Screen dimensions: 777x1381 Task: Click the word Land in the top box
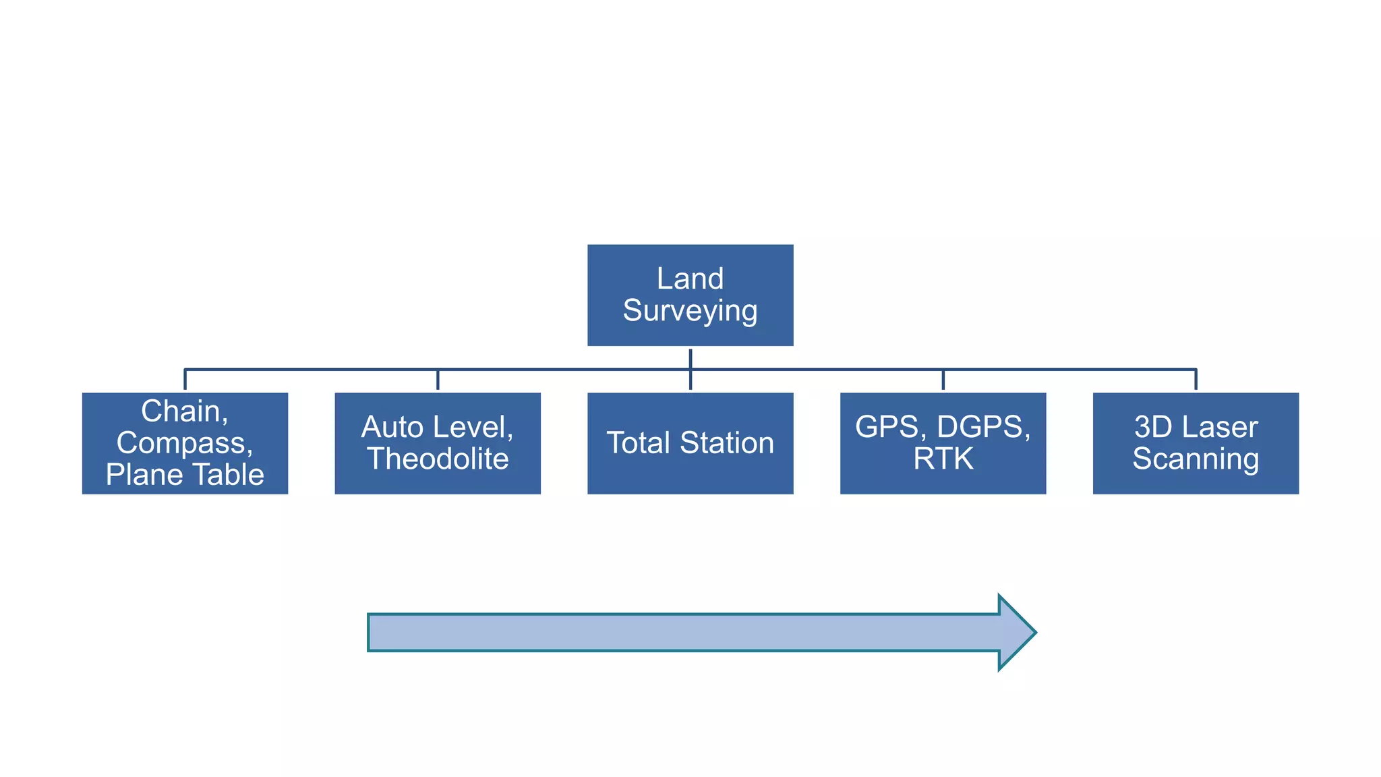point(690,279)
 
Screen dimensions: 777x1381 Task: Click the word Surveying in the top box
point(690,311)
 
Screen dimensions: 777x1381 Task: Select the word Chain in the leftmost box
point(181,411)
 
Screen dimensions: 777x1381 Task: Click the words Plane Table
point(185,475)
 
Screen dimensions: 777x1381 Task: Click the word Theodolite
point(438,459)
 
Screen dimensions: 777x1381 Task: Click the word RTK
point(943,459)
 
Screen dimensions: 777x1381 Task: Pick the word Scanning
point(1195,459)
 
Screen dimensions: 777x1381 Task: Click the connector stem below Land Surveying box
point(690,358)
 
